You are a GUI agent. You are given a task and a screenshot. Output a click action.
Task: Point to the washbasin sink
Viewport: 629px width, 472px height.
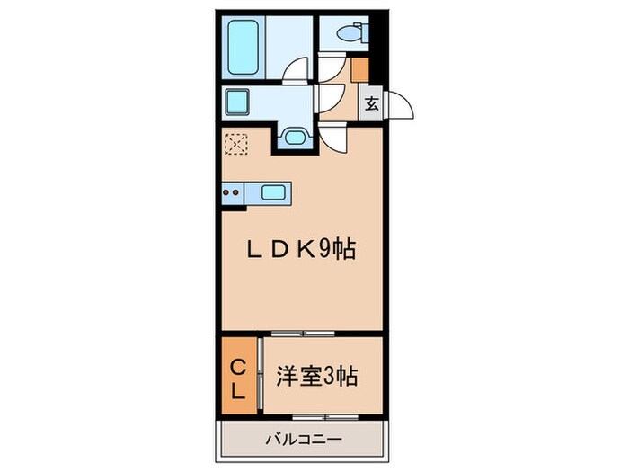(293, 137)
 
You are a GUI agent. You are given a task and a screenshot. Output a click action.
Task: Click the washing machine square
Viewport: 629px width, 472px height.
(237, 102)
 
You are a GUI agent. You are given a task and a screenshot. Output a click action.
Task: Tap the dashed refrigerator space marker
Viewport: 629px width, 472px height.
(235, 144)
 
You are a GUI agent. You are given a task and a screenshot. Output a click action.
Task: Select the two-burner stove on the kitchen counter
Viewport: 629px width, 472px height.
(232, 191)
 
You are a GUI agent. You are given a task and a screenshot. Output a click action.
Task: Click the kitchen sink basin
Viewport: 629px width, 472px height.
(273, 191)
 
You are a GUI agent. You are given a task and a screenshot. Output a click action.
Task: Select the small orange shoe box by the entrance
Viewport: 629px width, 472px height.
(359, 68)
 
